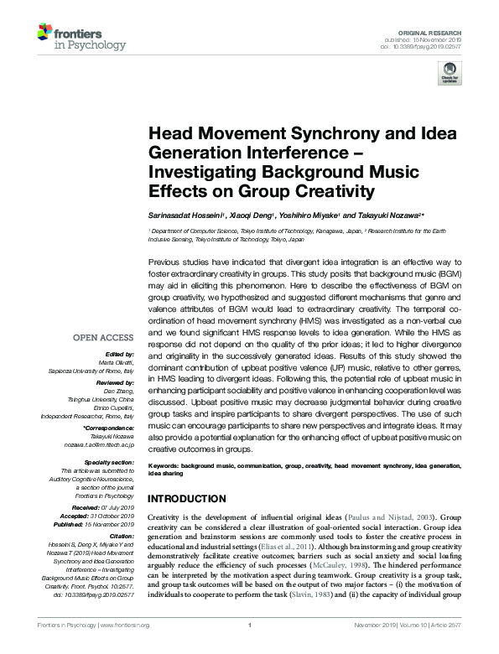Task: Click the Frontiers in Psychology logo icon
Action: pos(45,34)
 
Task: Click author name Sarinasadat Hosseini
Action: pos(183,214)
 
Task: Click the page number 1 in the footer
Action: pos(250,648)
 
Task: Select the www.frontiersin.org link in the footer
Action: pos(125,648)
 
